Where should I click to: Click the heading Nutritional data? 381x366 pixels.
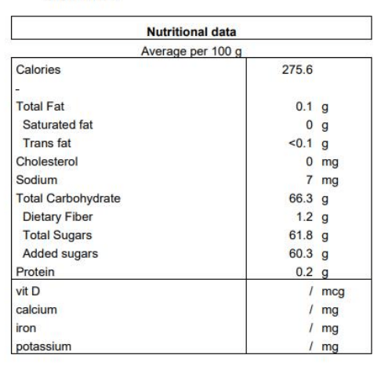pos(191,32)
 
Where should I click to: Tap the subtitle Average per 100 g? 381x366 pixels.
pos(191,52)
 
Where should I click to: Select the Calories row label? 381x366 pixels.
pos(38,70)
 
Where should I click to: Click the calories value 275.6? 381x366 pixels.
pos(297,70)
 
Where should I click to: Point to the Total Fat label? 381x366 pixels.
pos(40,107)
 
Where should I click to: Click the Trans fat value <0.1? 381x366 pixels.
pos(300,143)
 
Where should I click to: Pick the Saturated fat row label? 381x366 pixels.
pos(58,125)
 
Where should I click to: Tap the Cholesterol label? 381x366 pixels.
pos(47,161)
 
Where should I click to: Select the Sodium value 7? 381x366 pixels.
pos(309,180)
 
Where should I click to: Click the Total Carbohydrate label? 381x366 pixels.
pos(68,198)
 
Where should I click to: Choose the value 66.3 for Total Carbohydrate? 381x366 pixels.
pos(300,198)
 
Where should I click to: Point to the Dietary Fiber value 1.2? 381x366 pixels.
pos(304,217)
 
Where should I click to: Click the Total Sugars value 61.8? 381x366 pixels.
pos(300,235)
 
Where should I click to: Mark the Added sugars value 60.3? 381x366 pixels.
pos(300,253)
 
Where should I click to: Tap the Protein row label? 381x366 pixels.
pos(35,272)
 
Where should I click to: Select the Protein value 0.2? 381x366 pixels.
pos(304,272)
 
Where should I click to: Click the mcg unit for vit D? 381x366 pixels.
pos(333,292)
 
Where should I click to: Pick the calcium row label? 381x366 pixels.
pos(36,310)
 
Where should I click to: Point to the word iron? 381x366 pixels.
pos(26,328)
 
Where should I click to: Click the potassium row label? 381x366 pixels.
pos(43,347)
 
